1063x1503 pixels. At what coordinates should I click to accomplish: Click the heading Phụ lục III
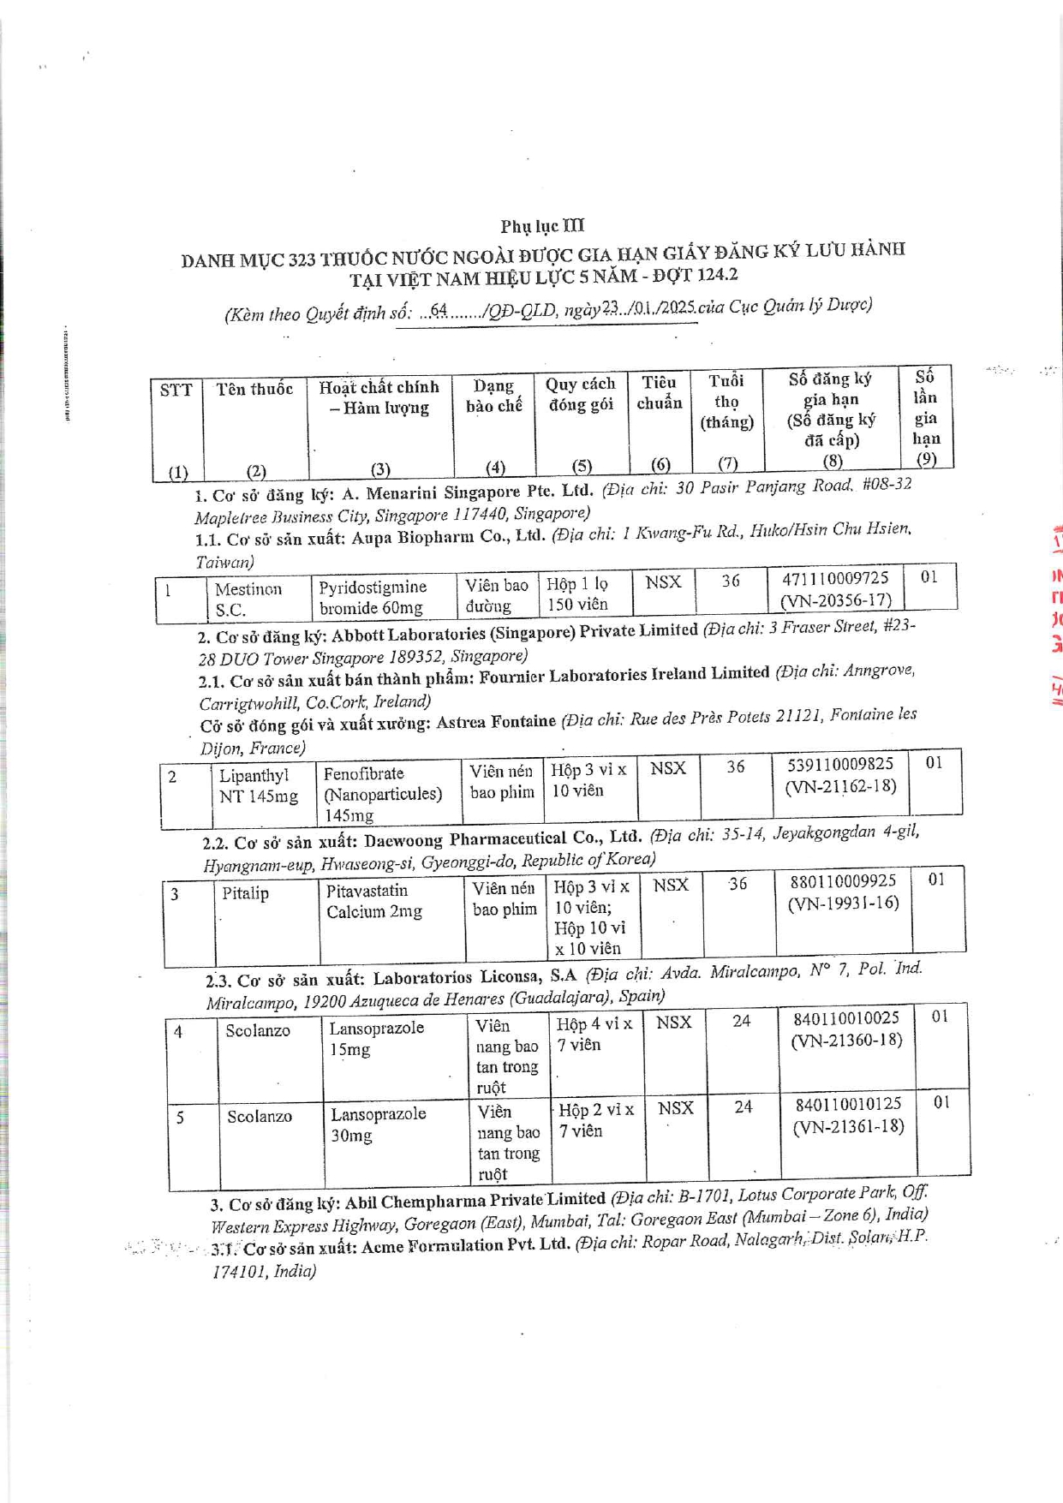click(x=542, y=226)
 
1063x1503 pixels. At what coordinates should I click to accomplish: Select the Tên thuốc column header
click(x=254, y=390)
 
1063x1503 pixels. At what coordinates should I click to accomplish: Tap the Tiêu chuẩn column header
click(x=659, y=393)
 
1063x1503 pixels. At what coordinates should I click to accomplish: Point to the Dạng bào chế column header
click(x=493, y=397)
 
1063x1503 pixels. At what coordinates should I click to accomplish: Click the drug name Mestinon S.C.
click(x=248, y=599)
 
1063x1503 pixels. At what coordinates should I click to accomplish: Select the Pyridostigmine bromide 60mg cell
click(x=373, y=598)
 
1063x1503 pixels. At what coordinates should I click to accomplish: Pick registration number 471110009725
click(x=834, y=579)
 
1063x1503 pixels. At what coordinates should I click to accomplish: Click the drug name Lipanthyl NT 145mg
click(x=258, y=786)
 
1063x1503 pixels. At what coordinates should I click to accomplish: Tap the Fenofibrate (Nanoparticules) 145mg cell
click(x=382, y=794)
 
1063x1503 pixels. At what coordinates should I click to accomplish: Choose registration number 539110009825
click(x=839, y=764)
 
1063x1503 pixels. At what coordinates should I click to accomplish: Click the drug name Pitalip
click(x=245, y=893)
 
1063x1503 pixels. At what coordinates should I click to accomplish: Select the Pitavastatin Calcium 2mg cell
click(x=374, y=901)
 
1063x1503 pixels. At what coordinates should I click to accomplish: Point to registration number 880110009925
click(x=842, y=881)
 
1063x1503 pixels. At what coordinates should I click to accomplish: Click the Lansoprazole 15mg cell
click(x=376, y=1038)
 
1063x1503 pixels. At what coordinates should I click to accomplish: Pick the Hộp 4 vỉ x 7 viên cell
click(x=594, y=1035)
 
